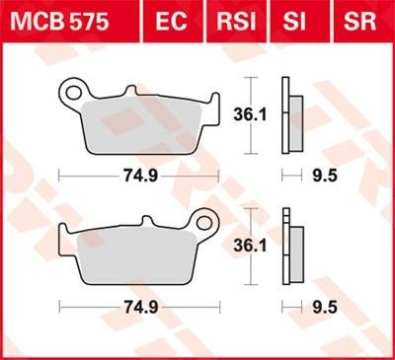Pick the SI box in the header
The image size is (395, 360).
tap(302, 19)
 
